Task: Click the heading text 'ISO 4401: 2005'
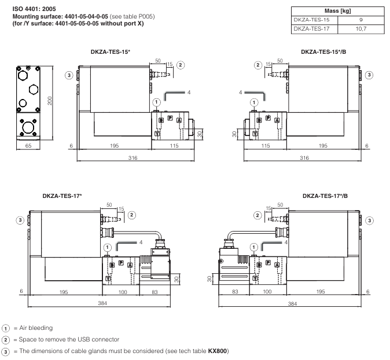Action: pos(27,9)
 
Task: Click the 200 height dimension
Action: pos(51,101)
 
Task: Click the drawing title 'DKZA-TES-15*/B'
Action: pos(325,52)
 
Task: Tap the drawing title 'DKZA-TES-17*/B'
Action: pos(326,197)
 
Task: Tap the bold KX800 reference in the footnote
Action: pos(218,351)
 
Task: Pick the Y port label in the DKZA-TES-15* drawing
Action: pos(157,134)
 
